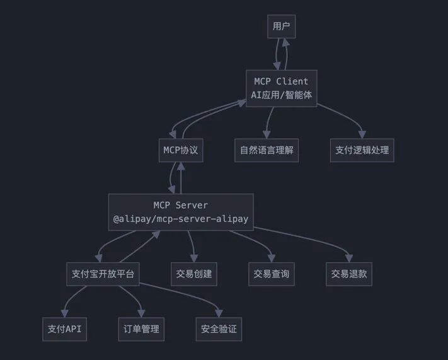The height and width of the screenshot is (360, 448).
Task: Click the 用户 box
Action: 281,26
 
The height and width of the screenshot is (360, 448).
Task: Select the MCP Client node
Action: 281,88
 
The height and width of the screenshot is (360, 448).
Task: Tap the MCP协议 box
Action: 181,151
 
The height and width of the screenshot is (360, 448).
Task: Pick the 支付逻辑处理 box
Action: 362,151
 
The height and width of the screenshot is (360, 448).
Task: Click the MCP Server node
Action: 181,212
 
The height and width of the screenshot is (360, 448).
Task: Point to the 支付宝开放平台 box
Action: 101,274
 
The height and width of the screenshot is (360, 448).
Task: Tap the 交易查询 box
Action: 271,274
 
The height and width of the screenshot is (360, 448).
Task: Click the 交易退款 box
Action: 349,274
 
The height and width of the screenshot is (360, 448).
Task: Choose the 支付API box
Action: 65,329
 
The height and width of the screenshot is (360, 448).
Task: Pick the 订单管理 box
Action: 141,329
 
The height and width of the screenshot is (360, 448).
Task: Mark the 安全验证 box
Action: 219,329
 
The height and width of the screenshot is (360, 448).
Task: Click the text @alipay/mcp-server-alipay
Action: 181,219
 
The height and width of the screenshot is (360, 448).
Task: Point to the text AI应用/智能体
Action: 281,95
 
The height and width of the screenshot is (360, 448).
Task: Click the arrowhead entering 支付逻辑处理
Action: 362,135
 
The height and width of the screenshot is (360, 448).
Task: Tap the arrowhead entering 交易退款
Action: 349,258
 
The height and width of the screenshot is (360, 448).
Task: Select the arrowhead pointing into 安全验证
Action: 219,314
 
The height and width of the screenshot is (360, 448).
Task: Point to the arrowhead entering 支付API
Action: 65,314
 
